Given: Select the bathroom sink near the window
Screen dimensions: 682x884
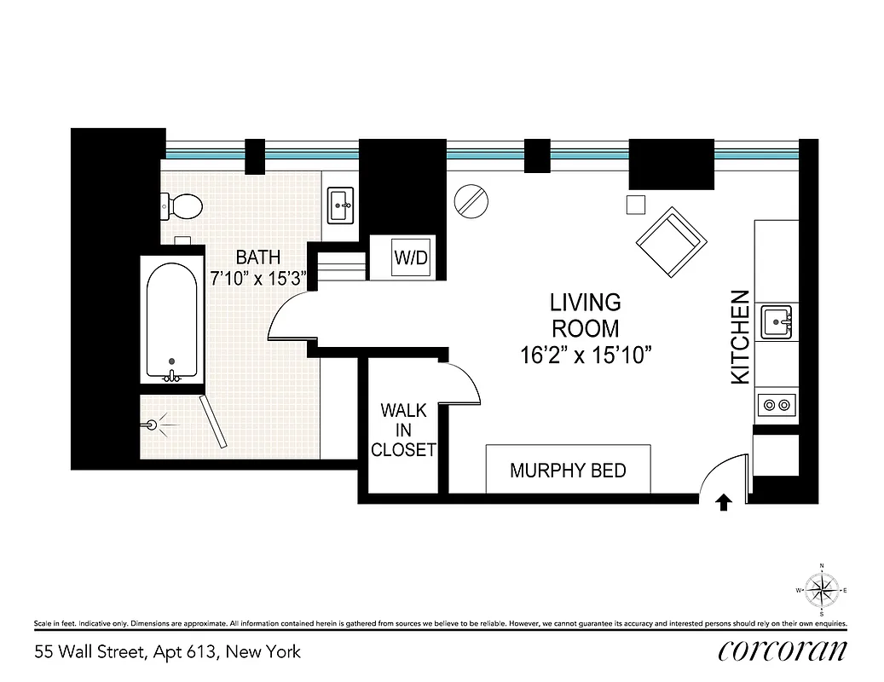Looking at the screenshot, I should [x=341, y=205].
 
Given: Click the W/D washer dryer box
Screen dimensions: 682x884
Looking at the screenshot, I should [x=410, y=257].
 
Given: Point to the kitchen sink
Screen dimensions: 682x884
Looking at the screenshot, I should [x=776, y=321].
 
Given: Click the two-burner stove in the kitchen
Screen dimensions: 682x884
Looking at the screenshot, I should [x=776, y=405].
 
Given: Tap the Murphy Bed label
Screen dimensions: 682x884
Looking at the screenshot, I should [x=568, y=471].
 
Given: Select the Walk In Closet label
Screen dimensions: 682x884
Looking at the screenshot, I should [x=403, y=431].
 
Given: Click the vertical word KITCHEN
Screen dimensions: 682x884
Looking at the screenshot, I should [x=741, y=337].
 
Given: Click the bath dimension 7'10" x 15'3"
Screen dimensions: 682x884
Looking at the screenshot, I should [x=258, y=277].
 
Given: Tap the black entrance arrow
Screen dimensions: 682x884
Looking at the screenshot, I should [x=723, y=503].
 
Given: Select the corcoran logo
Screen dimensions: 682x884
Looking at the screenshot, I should [x=782, y=651].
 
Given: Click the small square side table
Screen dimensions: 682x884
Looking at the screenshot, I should [x=636, y=204].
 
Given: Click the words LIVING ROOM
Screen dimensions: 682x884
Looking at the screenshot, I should [x=585, y=315].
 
